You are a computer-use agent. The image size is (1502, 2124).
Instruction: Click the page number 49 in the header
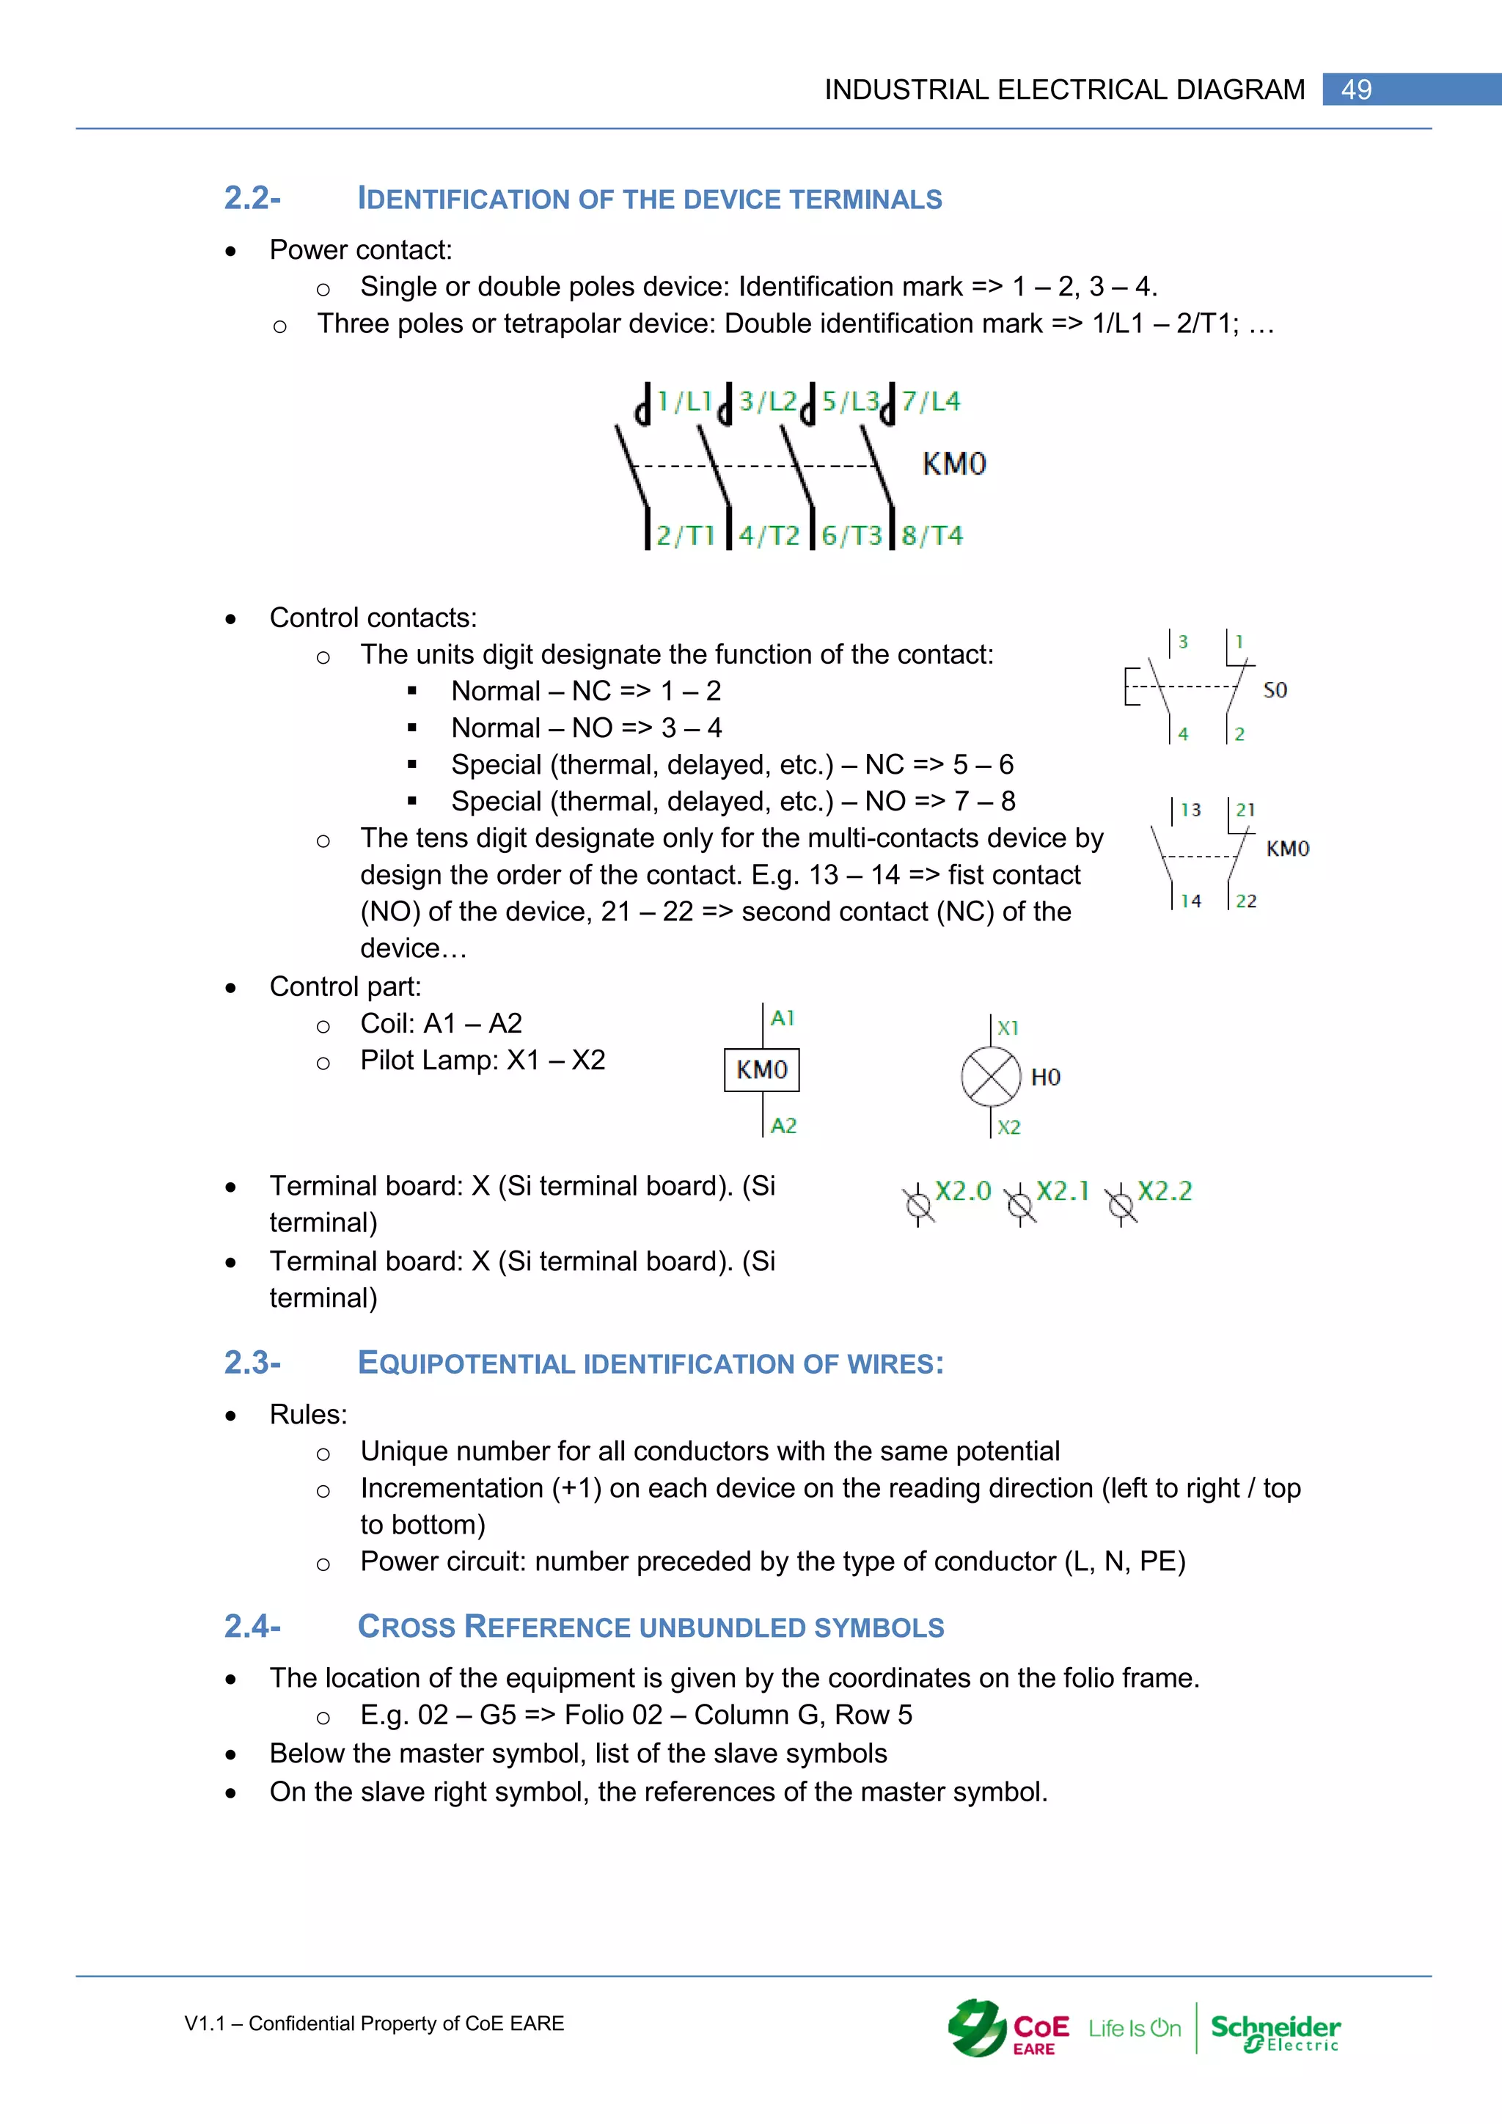[1356, 89]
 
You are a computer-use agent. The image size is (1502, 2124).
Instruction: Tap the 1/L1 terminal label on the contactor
[684, 401]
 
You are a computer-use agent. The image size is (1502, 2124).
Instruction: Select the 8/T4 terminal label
[932, 535]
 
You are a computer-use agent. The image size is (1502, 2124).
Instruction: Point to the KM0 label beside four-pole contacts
[954, 464]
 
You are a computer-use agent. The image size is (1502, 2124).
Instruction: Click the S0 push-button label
[1275, 690]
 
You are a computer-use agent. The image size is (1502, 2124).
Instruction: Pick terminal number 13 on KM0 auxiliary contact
[1190, 810]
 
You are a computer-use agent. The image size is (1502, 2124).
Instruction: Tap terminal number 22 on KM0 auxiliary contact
[1246, 901]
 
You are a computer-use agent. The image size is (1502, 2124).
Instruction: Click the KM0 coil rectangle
[761, 1070]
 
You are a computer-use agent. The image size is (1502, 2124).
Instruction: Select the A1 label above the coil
[783, 1019]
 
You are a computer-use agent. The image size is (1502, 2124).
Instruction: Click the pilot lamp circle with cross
[991, 1077]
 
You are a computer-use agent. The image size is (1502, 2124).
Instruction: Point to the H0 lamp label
[1045, 1077]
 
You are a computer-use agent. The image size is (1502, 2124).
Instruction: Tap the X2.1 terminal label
[1063, 1190]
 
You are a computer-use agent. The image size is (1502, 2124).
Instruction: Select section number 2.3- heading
[252, 1363]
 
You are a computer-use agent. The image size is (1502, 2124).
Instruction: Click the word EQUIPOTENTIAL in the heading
[466, 1363]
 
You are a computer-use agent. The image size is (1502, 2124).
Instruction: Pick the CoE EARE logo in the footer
[1008, 2029]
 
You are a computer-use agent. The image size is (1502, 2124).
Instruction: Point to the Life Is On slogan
[1134, 2029]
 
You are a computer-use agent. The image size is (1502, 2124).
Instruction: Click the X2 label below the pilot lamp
[1008, 1127]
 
